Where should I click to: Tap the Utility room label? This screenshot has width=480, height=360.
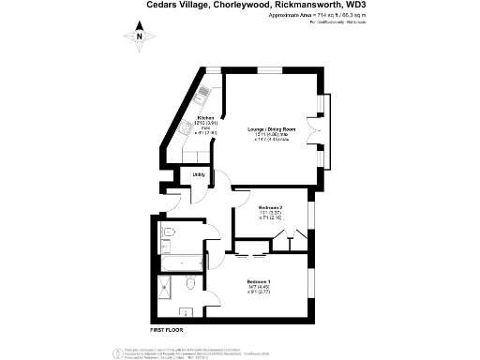pyautogui.click(x=199, y=174)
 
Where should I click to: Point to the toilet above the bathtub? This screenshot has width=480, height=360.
pyautogui.click(x=169, y=232)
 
